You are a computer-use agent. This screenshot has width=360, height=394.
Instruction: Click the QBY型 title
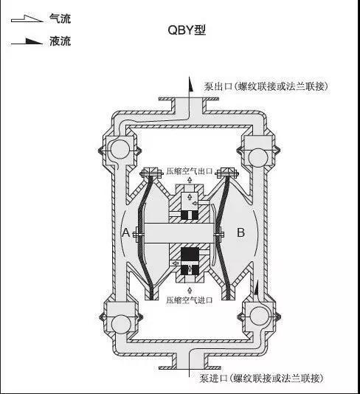click(x=187, y=30)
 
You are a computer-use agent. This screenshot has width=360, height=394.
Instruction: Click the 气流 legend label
click(x=60, y=18)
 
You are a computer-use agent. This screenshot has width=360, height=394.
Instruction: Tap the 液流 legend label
click(x=60, y=41)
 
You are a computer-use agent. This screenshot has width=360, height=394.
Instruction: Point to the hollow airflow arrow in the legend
click(x=27, y=19)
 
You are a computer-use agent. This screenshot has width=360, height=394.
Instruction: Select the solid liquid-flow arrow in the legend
click(x=27, y=41)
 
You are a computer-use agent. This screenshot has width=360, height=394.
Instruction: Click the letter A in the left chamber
click(x=126, y=232)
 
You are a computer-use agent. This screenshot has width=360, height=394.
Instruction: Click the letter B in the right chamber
click(x=240, y=232)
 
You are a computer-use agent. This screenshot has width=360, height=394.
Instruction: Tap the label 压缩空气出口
click(x=190, y=171)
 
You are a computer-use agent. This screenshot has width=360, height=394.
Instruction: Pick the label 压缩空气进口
click(x=190, y=300)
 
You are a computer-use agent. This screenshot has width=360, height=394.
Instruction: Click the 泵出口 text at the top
click(x=218, y=86)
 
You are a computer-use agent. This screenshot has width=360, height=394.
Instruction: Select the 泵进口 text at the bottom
click(x=213, y=379)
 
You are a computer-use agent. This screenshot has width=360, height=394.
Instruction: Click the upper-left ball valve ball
click(x=119, y=149)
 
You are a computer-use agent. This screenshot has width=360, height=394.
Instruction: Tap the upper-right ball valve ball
click(x=257, y=156)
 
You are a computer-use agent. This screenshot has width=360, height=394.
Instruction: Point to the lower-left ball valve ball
click(x=122, y=324)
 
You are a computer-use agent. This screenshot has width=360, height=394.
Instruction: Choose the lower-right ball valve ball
click(x=259, y=316)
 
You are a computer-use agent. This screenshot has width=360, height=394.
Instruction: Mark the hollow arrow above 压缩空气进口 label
click(x=190, y=290)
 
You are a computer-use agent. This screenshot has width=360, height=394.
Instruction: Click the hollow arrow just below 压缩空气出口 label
click(x=190, y=179)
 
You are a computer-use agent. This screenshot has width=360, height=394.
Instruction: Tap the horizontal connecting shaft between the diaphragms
click(x=179, y=232)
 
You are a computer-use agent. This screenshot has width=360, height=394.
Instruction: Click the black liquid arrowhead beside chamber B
click(x=256, y=288)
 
